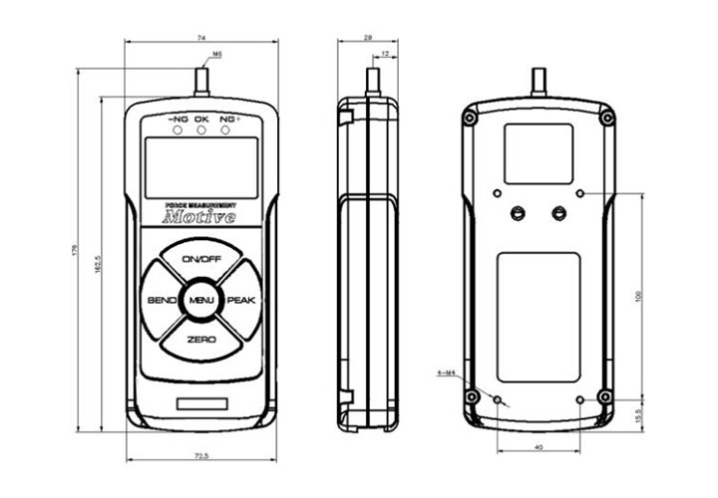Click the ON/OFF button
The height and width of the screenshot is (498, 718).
201,260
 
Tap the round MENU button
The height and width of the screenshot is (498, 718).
201,301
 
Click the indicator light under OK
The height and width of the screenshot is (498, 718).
201,129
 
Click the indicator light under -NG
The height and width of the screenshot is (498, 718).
178,129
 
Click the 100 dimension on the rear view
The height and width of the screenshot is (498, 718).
638,295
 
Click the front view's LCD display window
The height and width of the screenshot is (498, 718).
201,167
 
